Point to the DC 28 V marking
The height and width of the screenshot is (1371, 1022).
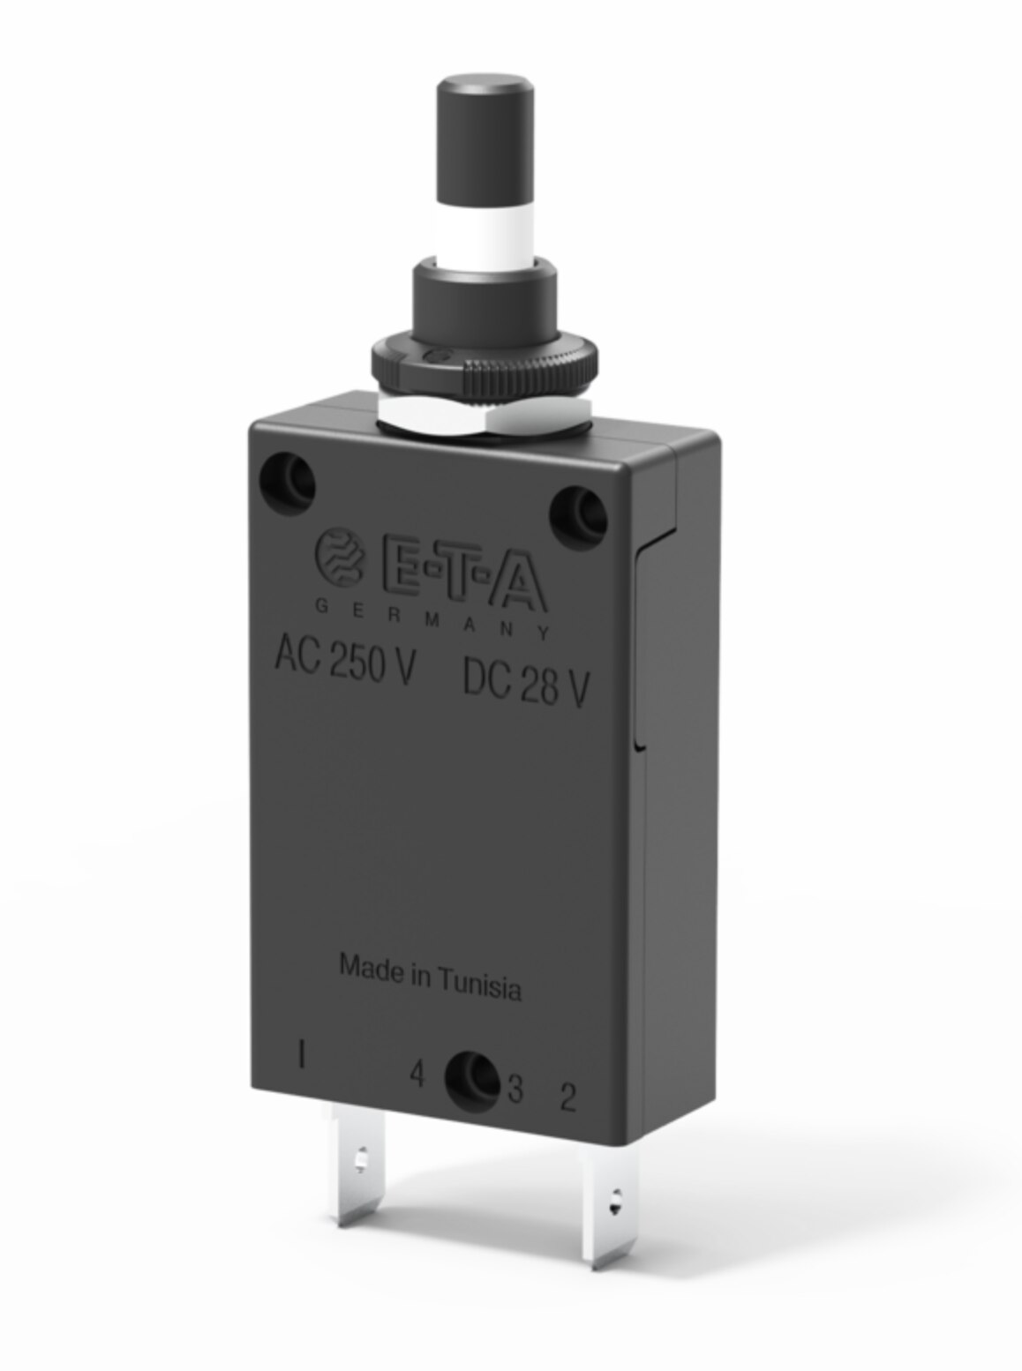525,683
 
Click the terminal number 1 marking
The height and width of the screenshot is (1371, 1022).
303,1054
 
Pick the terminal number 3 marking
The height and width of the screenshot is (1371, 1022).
515,1090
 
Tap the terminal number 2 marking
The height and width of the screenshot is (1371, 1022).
568,1098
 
